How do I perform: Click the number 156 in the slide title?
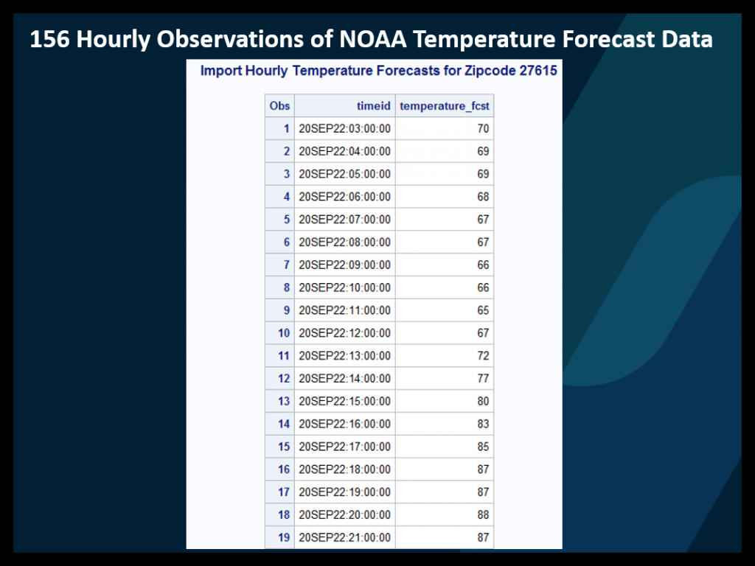pyautogui.click(x=50, y=39)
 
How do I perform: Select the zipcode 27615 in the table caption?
pyautogui.click(x=537, y=71)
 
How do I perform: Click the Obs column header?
pyautogui.click(x=279, y=106)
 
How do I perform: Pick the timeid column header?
pyautogui.click(x=373, y=106)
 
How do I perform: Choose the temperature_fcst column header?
pyautogui.click(x=444, y=106)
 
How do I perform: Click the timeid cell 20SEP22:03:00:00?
pyautogui.click(x=344, y=129)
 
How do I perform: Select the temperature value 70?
pyautogui.click(x=482, y=129)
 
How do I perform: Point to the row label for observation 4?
pyautogui.click(x=286, y=197)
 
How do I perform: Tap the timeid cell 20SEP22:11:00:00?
pyautogui.click(x=344, y=310)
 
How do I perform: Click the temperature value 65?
pyautogui.click(x=482, y=310)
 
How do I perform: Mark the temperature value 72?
pyautogui.click(x=482, y=356)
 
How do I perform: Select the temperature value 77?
pyautogui.click(x=482, y=379)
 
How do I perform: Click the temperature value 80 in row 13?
pyautogui.click(x=482, y=402)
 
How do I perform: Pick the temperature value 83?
pyautogui.click(x=482, y=424)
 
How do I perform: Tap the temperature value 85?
pyautogui.click(x=482, y=447)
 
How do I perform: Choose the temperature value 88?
pyautogui.click(x=482, y=514)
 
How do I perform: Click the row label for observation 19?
pyautogui.click(x=284, y=537)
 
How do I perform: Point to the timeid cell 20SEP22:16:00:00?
pyautogui.click(x=344, y=424)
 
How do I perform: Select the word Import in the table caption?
pyautogui.click(x=219, y=71)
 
